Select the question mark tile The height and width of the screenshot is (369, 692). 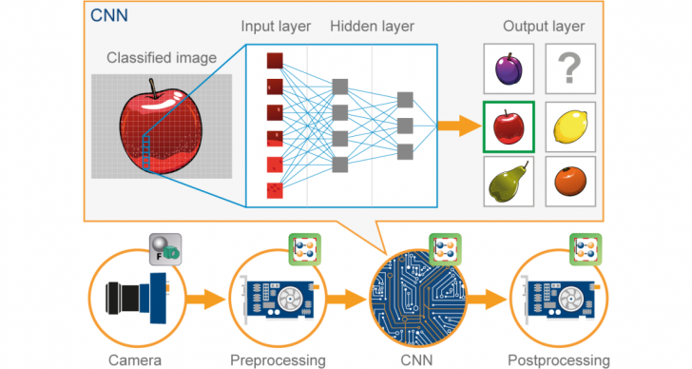tap(570, 69)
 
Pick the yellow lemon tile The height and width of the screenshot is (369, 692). tap(570, 126)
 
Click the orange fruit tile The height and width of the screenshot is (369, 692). tap(570, 182)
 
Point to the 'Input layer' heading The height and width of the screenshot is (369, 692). tap(277, 26)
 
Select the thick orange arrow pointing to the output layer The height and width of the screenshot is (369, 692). tap(455, 126)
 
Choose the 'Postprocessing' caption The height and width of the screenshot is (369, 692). tap(559, 359)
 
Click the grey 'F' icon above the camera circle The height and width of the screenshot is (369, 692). tap(163, 247)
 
